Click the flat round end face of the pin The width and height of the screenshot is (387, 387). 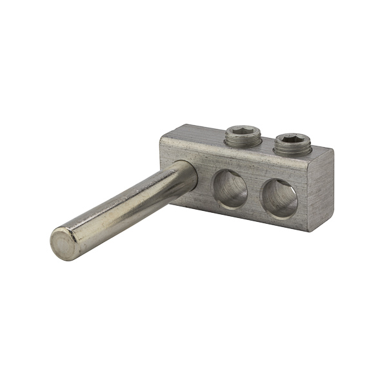click(x=64, y=244)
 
